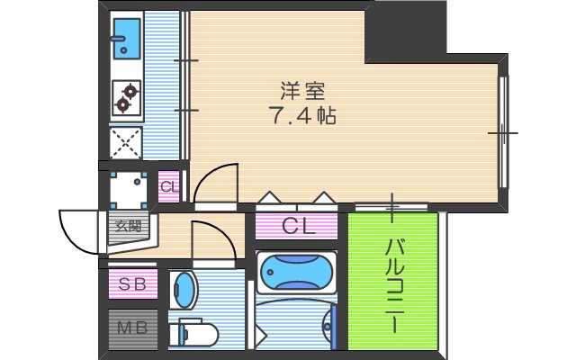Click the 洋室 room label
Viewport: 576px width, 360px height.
296,91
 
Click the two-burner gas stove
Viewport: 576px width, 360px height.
126,98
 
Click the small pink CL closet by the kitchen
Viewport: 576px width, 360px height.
168,187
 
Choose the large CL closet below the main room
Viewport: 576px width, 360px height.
299,226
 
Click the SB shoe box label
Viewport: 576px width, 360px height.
132,284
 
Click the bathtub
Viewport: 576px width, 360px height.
296,270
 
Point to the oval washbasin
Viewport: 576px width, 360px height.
184,290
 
